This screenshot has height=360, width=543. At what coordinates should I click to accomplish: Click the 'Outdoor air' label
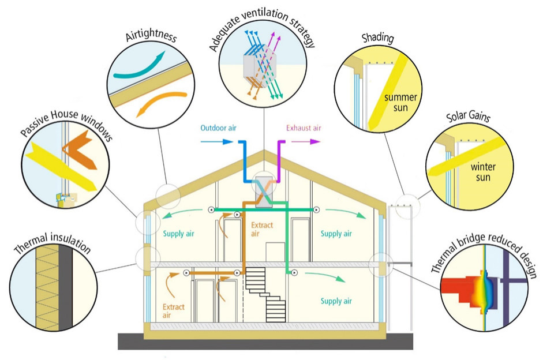[219, 127]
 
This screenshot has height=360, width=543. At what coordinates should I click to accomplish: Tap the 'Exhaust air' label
[304, 127]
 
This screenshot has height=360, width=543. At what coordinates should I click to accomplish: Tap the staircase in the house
[267, 294]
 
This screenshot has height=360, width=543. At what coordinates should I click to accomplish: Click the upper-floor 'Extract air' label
[262, 230]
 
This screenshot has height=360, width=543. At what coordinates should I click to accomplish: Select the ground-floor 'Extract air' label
[174, 311]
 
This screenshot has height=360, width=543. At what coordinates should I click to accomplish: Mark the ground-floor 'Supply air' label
[336, 301]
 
